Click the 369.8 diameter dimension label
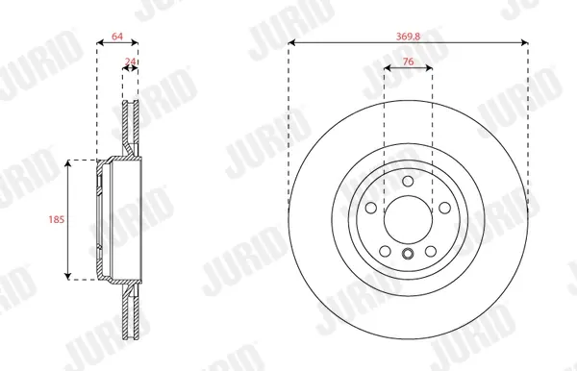pyautogui.click(x=408, y=37)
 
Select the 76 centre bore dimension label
pyautogui.click(x=408, y=62)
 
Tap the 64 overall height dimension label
pyautogui.click(x=117, y=37)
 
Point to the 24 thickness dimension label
pyautogui.click(x=130, y=62)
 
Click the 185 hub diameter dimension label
pyautogui.click(x=57, y=219)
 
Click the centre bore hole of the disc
pyautogui.click(x=408, y=220)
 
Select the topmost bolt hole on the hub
pyautogui.click(x=408, y=181)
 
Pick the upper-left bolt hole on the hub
pyautogui.click(x=371, y=208)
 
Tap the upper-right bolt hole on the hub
pyautogui.click(x=445, y=208)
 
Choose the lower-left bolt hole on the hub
pyautogui.click(x=385, y=252)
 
